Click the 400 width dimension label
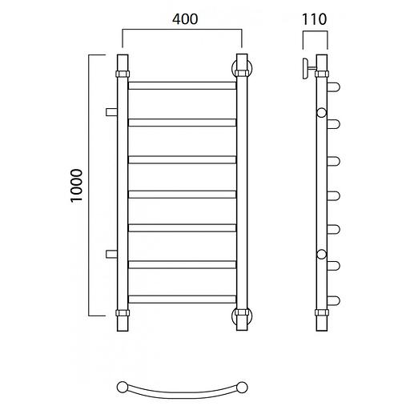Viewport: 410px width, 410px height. [185, 19]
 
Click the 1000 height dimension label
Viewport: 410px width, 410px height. [77, 186]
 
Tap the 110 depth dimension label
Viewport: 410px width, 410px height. [314, 19]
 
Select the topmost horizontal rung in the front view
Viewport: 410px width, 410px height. [183, 86]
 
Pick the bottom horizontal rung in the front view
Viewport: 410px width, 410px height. [183, 299]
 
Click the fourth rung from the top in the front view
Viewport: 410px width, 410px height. [183, 195]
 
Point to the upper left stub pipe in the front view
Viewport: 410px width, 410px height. [111, 112]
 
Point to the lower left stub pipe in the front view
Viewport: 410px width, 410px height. [111, 254]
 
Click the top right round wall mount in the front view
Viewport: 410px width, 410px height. [242, 68]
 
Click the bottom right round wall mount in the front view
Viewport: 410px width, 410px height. [242, 316]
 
